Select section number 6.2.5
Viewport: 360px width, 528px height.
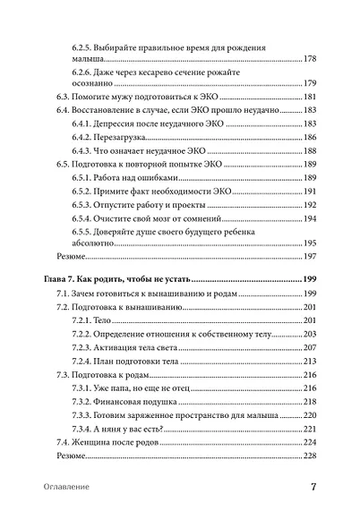tap(83, 45)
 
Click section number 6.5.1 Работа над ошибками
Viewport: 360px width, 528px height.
tap(83, 178)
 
